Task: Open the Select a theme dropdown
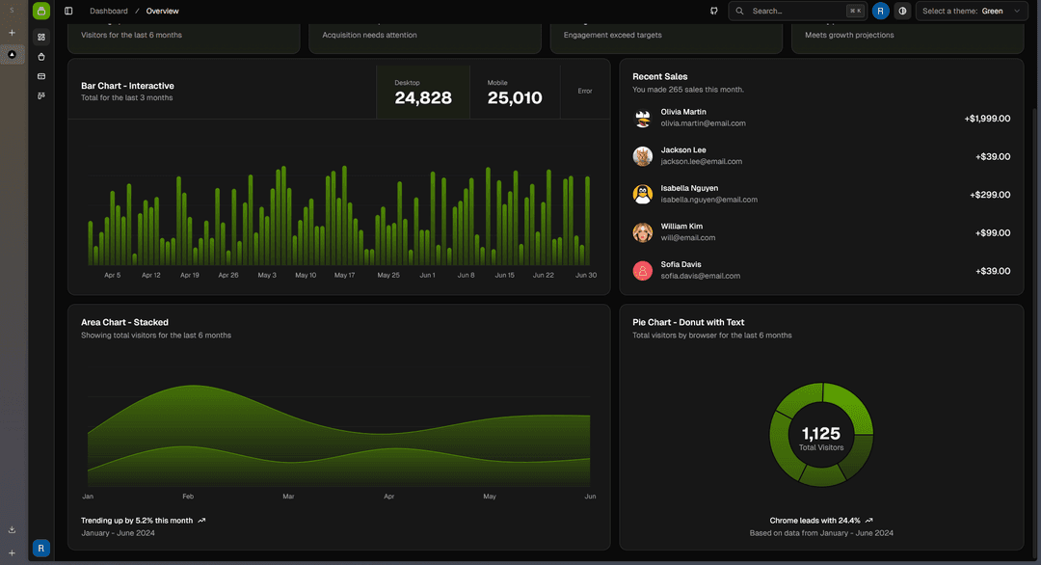[x=971, y=11]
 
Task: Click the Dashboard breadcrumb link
[x=108, y=11]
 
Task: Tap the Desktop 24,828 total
[x=422, y=93]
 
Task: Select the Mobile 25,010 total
[x=514, y=93]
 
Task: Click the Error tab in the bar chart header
[x=584, y=92]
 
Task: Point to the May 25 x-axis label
[x=388, y=275]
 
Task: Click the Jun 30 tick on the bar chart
[x=586, y=275]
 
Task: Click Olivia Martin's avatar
[x=643, y=118]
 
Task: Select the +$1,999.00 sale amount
[x=986, y=119]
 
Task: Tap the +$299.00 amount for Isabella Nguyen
[x=989, y=195]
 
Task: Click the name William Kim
[x=681, y=227]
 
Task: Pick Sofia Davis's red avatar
[x=643, y=271]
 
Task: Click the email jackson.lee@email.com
[x=701, y=162]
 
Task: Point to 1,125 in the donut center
[x=821, y=434]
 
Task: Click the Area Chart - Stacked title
[x=124, y=322]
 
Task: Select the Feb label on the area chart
[x=188, y=497]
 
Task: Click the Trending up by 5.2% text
[x=137, y=521]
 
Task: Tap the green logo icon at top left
[x=40, y=11]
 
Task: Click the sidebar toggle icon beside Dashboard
[x=68, y=11]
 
